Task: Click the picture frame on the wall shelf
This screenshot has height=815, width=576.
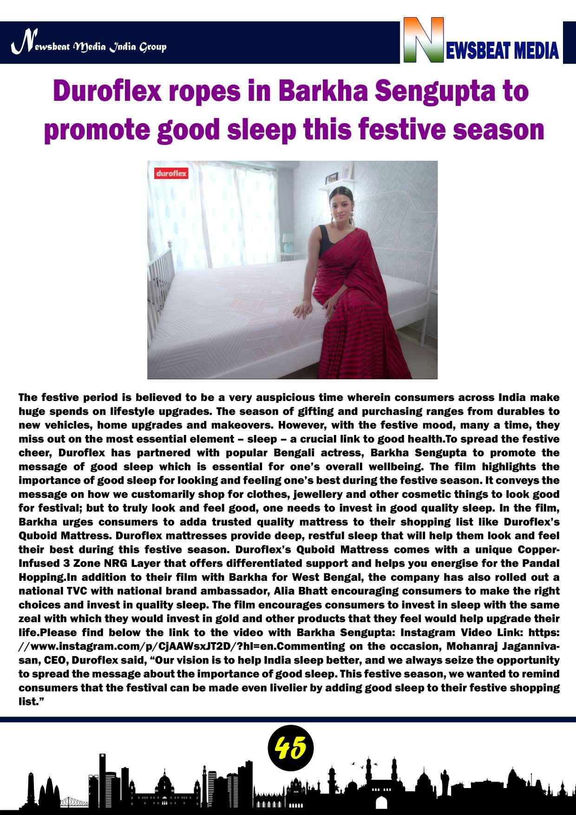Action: [x=332, y=177]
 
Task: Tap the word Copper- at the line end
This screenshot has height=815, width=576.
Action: [x=537, y=550]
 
